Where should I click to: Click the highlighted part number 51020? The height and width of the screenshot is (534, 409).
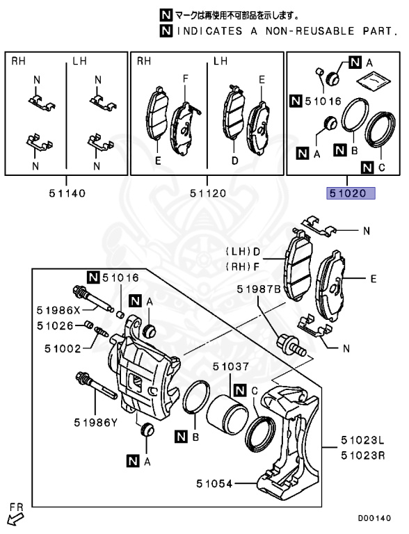tap(351, 193)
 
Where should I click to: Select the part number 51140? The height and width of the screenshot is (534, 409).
tap(67, 193)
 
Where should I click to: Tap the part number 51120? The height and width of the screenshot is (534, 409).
tap(207, 193)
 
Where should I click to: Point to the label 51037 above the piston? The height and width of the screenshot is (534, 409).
tap(231, 367)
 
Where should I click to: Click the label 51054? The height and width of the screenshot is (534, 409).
tap(214, 484)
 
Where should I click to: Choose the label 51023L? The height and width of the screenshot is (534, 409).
tap(362, 441)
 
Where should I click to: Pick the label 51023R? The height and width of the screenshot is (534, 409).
tap(362, 455)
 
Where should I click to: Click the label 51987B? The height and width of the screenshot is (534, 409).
tap(259, 289)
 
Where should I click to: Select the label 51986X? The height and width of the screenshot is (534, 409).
tap(58, 310)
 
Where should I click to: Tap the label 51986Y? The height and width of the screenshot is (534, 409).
tap(95, 423)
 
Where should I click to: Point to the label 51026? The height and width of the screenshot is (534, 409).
tap(55, 326)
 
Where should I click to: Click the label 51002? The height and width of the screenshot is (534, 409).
tap(63, 349)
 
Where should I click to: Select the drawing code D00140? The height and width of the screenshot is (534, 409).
tap(374, 518)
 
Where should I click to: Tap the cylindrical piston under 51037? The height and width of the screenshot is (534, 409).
tap(227, 414)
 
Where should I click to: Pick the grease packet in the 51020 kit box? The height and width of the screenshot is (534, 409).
tap(374, 81)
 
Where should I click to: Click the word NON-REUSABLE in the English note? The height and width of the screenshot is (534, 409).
tap(310, 31)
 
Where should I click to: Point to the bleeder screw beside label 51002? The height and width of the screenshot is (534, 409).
tap(102, 332)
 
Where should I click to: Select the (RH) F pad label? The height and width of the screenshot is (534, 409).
tap(243, 267)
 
